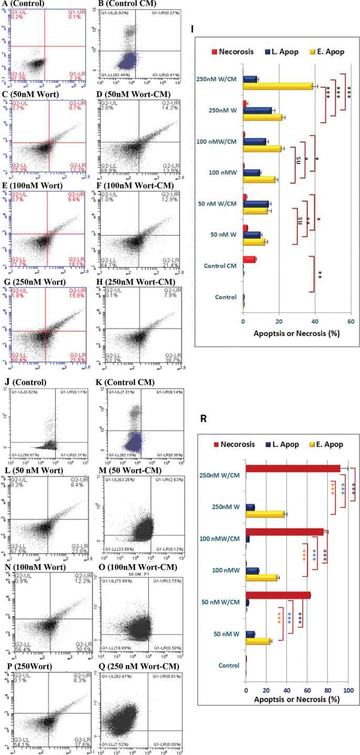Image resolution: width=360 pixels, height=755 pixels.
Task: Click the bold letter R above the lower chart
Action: point(204,419)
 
